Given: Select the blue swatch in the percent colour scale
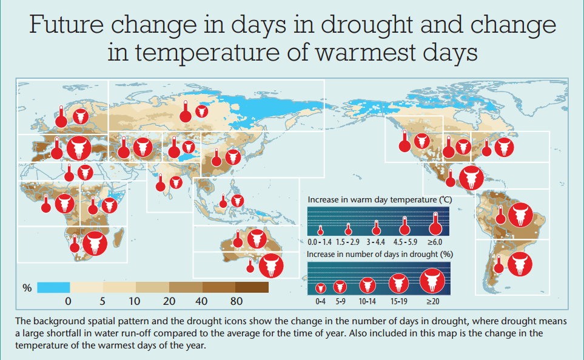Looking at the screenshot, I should tap(53, 287).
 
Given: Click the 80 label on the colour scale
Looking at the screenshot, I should tap(237, 301).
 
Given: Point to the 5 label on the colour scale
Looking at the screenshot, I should tap(101, 301).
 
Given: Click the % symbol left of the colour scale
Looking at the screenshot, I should tap(27, 288).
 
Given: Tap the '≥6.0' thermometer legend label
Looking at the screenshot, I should tap(434, 242).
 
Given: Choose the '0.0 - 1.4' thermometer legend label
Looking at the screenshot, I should tap(320, 242).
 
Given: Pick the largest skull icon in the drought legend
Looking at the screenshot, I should tap(433, 281).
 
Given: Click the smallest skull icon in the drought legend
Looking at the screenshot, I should tap(320, 287).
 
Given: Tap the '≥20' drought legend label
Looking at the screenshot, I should tap(433, 301).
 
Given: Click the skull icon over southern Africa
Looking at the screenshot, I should tap(94, 244).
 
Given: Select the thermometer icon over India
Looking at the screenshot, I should tap(161, 182).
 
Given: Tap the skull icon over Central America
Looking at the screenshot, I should tap(471, 178).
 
